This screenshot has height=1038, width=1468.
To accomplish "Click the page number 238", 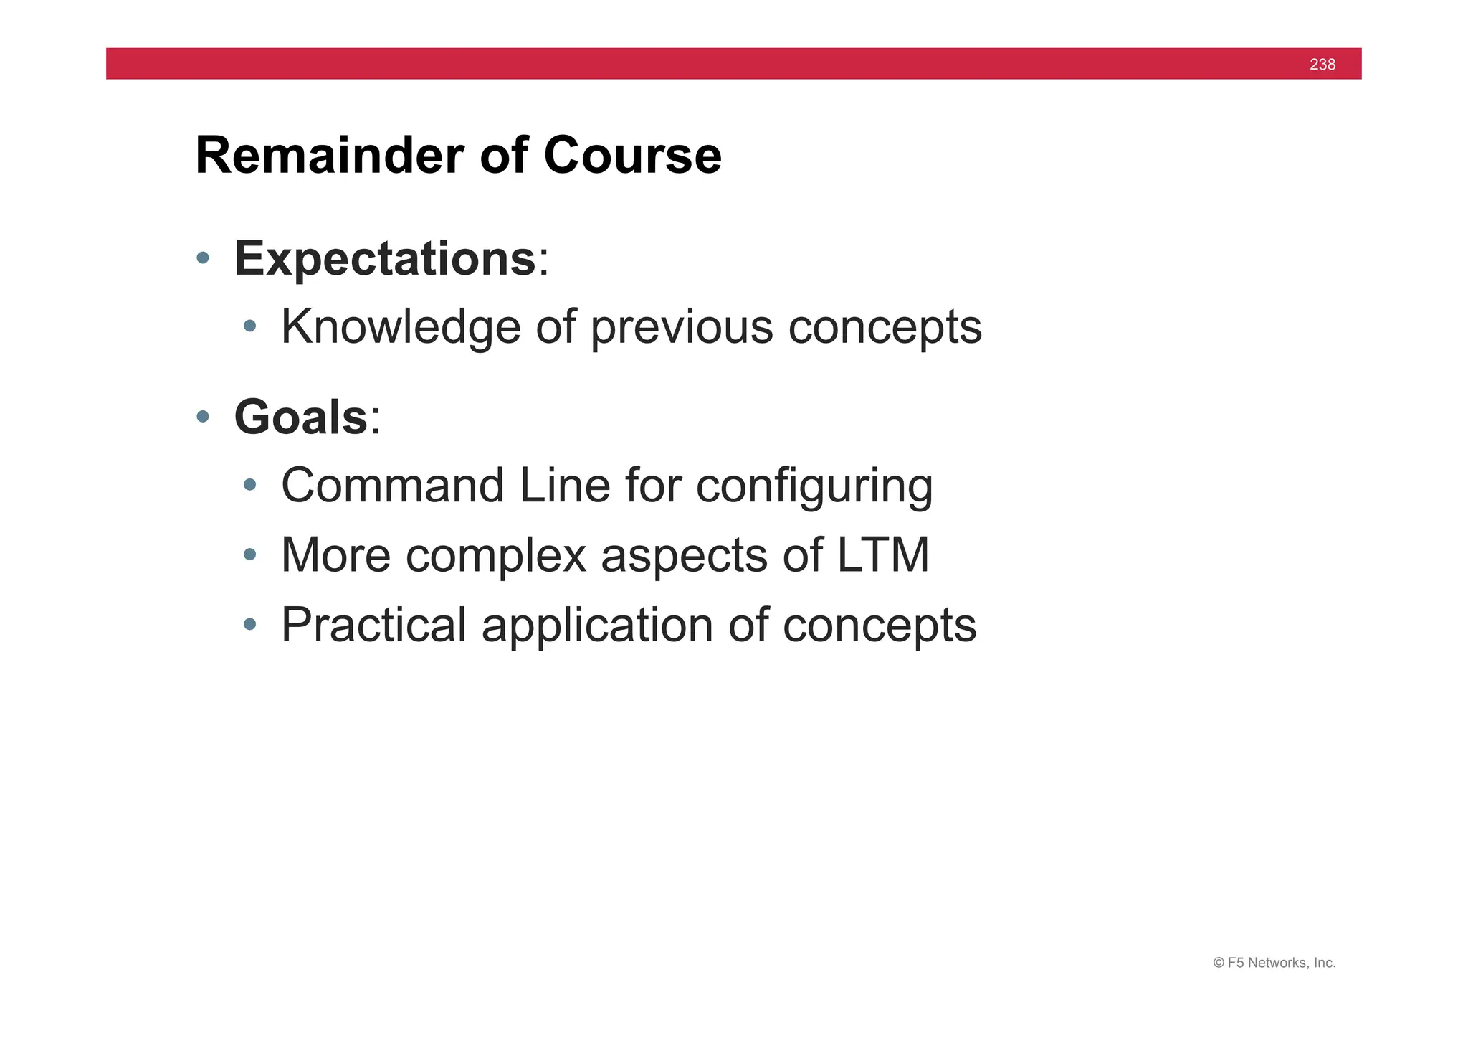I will (x=1322, y=65).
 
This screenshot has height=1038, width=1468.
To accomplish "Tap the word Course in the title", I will (x=632, y=156).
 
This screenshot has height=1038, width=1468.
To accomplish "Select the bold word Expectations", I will (x=385, y=258).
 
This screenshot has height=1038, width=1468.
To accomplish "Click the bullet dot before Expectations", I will (x=203, y=258).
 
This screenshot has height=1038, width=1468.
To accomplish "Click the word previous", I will (x=682, y=327).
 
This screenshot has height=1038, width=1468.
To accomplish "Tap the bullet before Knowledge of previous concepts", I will (x=249, y=326).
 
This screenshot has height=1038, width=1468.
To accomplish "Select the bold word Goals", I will (x=301, y=417).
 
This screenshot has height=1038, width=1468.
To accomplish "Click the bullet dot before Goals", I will (x=203, y=416).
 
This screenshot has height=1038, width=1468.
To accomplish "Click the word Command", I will (x=393, y=486).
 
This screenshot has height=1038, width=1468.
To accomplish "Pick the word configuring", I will (x=814, y=487).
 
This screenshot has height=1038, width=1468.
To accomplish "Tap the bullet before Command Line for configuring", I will (x=249, y=485).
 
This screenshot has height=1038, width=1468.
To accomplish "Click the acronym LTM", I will (x=882, y=555).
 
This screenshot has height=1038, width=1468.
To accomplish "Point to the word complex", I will (x=495, y=557).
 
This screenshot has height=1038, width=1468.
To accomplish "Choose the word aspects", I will (x=684, y=557).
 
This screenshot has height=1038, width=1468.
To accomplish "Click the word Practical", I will (x=373, y=625).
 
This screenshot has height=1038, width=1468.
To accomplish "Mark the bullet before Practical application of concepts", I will (x=249, y=624).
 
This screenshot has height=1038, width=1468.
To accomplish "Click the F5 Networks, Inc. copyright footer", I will (x=1274, y=963).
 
